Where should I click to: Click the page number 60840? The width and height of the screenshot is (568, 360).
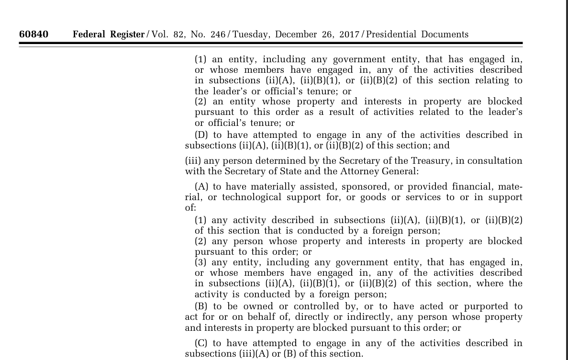(33, 34)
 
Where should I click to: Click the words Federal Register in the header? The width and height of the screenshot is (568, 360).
(108, 34)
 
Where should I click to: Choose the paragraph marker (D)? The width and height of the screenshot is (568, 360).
(201, 135)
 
